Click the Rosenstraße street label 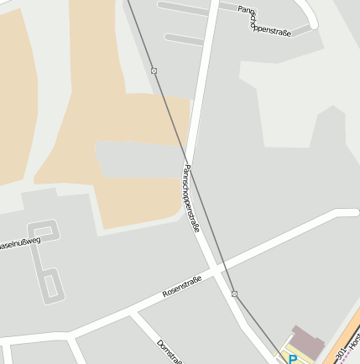182,287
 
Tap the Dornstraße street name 169,352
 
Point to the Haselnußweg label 19,245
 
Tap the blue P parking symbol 293,359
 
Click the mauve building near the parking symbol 307,340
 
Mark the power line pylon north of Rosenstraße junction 234,294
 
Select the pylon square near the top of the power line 154,70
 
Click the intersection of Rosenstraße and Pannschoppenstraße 219,270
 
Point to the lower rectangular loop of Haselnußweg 50,284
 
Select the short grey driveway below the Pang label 185,39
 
